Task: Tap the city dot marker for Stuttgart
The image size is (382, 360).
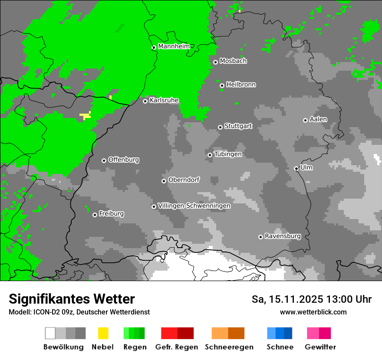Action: [x=220, y=127]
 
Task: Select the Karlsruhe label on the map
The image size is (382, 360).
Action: [x=164, y=100]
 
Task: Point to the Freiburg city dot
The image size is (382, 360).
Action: [x=95, y=215]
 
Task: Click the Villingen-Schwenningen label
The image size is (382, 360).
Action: [x=194, y=206]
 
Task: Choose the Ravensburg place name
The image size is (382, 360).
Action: [x=283, y=236]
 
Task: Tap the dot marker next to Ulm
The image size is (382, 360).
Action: [x=296, y=168]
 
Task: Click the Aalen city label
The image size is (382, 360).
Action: [x=318, y=119]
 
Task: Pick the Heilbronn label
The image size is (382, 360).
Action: [x=241, y=85]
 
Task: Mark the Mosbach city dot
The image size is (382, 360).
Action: [x=215, y=62]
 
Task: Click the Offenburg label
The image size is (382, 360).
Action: [x=124, y=160]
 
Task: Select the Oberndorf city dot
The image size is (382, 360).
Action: [x=164, y=181]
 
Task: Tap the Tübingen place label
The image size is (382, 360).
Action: [x=228, y=154]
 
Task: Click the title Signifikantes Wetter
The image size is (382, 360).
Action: [x=72, y=299]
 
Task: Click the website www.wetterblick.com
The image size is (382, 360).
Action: [x=313, y=312]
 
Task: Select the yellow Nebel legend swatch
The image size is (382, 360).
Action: [x=103, y=333]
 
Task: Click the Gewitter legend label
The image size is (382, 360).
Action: [x=320, y=347]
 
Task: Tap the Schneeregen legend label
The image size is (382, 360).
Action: [x=229, y=347]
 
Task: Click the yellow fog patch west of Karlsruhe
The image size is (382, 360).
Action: [x=86, y=115]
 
